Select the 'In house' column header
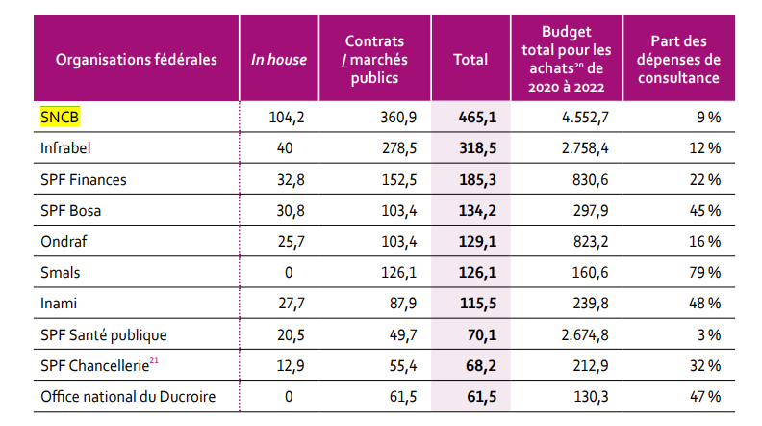[x=279, y=60]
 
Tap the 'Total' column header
[x=470, y=60]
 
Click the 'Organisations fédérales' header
[x=137, y=60]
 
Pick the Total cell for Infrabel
[x=471, y=148]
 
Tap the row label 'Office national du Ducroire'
[x=128, y=397]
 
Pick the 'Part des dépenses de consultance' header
[x=684, y=60]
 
